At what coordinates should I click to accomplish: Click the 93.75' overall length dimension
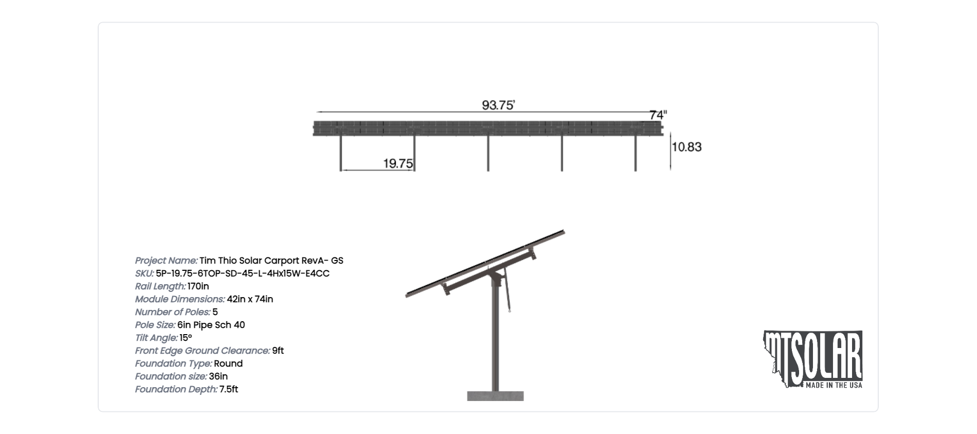(498, 105)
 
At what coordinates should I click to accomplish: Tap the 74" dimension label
(658, 115)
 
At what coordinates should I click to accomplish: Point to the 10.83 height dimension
(687, 147)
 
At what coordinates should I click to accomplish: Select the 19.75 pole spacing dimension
(398, 163)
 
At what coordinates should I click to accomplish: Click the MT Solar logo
(813, 359)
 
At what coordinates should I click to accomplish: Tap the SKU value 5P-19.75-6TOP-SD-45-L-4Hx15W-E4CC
(243, 273)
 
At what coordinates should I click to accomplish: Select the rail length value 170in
(198, 286)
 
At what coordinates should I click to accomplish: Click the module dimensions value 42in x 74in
(250, 299)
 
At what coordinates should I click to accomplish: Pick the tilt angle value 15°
(186, 338)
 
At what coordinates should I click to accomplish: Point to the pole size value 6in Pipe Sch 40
(211, 325)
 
